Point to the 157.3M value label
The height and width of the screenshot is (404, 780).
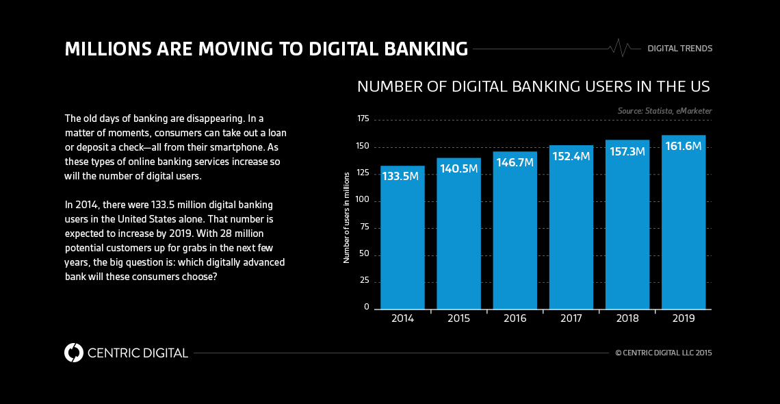[627, 151]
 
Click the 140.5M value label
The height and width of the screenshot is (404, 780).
[458, 168]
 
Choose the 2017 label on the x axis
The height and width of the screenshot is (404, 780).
[571, 318]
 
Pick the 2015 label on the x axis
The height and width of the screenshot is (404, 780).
[458, 318]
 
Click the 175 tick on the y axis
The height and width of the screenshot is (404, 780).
[363, 119]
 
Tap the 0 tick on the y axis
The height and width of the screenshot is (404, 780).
[367, 307]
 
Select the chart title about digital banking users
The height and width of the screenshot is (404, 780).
[533, 87]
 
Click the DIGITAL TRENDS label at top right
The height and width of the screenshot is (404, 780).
[679, 49]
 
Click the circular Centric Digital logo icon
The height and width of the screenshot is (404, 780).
[73, 353]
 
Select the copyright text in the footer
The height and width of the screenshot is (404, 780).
[663, 353]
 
